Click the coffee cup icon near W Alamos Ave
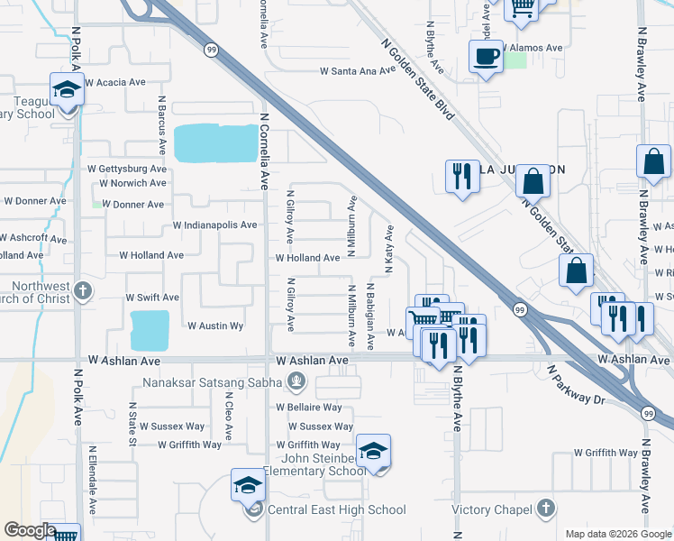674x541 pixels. [487, 57]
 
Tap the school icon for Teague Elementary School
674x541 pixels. [66, 90]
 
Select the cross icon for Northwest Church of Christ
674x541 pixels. [82, 290]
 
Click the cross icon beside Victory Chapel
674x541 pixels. [544, 509]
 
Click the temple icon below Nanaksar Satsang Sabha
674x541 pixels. [294, 382]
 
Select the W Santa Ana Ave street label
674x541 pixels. [358, 71]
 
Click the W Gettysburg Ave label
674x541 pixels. [127, 169]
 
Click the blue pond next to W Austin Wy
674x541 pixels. [150, 330]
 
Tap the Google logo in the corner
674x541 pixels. [29, 530]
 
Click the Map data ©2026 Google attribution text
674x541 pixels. [617, 534]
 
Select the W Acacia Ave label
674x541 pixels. [115, 82]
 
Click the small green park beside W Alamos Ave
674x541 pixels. [515, 60]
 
